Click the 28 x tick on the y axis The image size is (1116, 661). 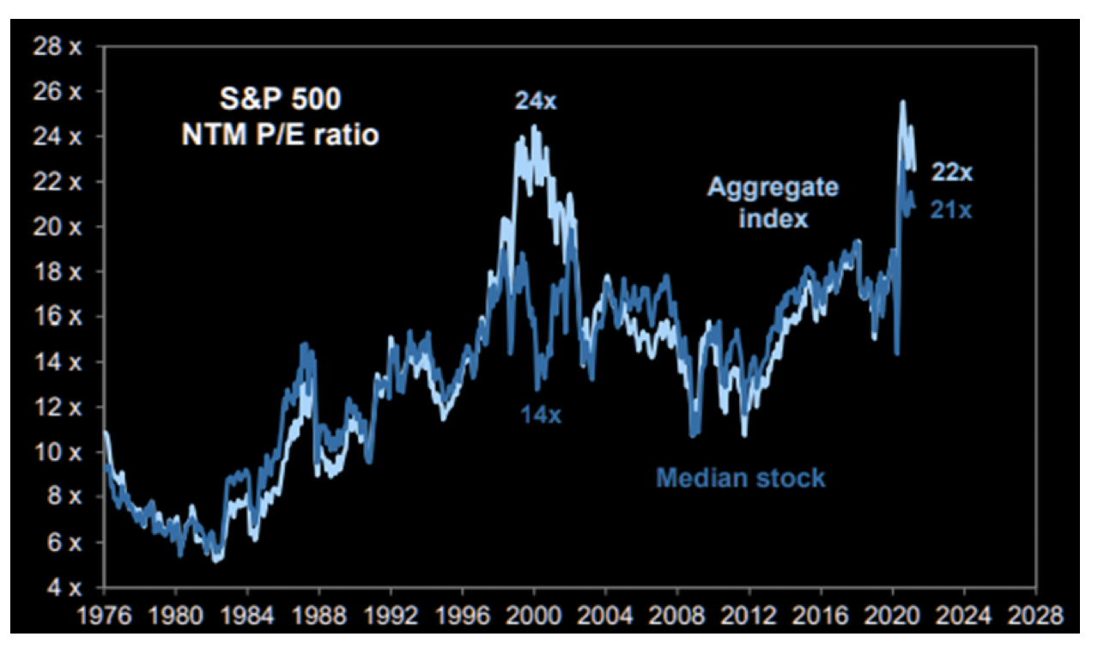click(57, 46)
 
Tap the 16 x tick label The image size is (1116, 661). click(57, 317)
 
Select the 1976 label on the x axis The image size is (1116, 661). click(104, 616)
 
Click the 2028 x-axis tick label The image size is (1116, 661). click(1036, 616)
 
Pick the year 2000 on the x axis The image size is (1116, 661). click(534, 616)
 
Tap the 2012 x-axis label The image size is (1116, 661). click(749, 616)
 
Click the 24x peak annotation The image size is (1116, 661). click(536, 101)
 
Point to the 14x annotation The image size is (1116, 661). click(540, 415)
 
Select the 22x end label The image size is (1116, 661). click(953, 173)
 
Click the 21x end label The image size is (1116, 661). click(951, 209)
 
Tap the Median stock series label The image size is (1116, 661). click(741, 477)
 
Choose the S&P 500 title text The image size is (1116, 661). click(279, 100)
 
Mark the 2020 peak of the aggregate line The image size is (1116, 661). click(902, 102)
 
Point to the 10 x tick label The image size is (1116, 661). click(57, 452)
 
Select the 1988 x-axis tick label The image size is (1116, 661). click(318, 616)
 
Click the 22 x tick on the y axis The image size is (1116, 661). click(57, 182)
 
